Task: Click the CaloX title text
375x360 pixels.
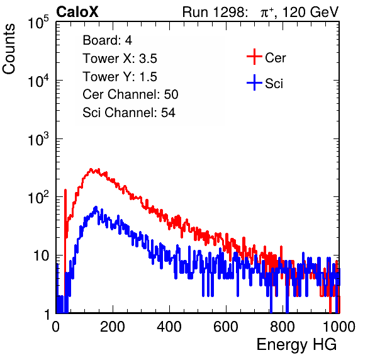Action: [x=77, y=12]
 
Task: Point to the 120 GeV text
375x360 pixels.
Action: [x=311, y=12]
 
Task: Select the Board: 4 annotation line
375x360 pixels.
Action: [x=108, y=40]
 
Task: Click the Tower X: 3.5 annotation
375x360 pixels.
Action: [x=120, y=59]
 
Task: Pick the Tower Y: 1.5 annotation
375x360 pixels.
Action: [x=120, y=77]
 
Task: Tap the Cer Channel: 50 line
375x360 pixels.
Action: [x=130, y=94]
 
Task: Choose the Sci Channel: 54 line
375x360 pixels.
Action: [x=129, y=113]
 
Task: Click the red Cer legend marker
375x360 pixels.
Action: [x=254, y=57]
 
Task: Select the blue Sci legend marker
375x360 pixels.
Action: [x=254, y=83]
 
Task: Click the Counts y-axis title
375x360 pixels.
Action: [x=9, y=48]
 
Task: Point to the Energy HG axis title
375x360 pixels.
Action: [x=296, y=345]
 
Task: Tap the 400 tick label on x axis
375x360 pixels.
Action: [x=169, y=327]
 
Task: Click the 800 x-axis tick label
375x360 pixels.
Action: [x=283, y=327]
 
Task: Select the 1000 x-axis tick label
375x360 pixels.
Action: [x=339, y=327]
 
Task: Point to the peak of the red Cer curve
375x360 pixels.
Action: [x=91, y=169]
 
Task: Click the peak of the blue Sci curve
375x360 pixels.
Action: [x=96, y=207]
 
